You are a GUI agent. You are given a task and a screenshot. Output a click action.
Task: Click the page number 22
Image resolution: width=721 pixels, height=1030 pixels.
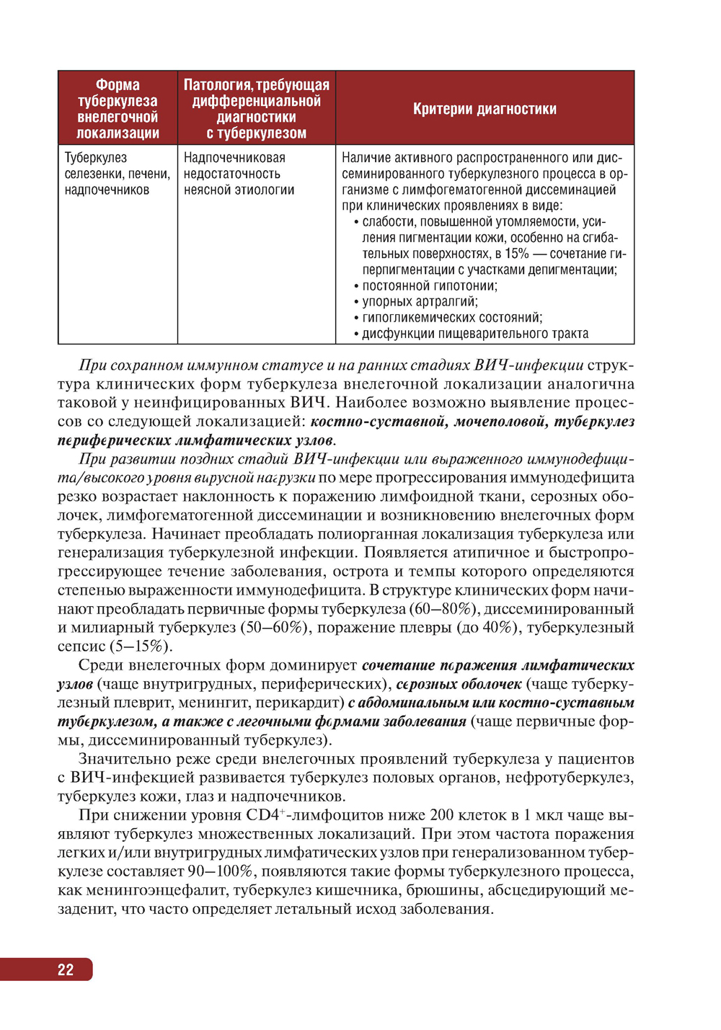pyautogui.click(x=66, y=969)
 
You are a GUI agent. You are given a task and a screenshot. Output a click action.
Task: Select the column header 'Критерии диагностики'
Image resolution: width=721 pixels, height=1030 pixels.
pyautogui.click(x=485, y=109)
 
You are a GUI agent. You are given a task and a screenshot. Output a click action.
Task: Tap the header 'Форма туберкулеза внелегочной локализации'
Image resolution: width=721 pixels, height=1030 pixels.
pyautogui.click(x=118, y=109)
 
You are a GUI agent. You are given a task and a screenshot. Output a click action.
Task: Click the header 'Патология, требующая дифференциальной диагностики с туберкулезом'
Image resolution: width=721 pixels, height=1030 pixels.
pyautogui.click(x=257, y=109)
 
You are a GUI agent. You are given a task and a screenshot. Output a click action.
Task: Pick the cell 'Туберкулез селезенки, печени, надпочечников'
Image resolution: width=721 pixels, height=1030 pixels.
pyautogui.click(x=118, y=174)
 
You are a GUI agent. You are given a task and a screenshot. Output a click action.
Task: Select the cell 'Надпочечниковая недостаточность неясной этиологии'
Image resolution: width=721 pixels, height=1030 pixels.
pyautogui.click(x=239, y=174)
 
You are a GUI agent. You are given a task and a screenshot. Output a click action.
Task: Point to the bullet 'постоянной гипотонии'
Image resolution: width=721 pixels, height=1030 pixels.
pyautogui.click(x=430, y=285)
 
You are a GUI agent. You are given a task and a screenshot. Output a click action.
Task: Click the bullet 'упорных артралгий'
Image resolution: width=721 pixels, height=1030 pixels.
pyautogui.click(x=420, y=301)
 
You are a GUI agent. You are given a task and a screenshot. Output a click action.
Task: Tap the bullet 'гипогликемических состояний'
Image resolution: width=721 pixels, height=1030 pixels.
pyautogui.click(x=452, y=317)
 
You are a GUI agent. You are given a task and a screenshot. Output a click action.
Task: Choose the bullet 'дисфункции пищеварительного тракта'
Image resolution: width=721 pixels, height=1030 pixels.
pyautogui.click(x=475, y=333)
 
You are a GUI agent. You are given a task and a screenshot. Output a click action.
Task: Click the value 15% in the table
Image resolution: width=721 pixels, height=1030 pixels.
pyautogui.click(x=516, y=254)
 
